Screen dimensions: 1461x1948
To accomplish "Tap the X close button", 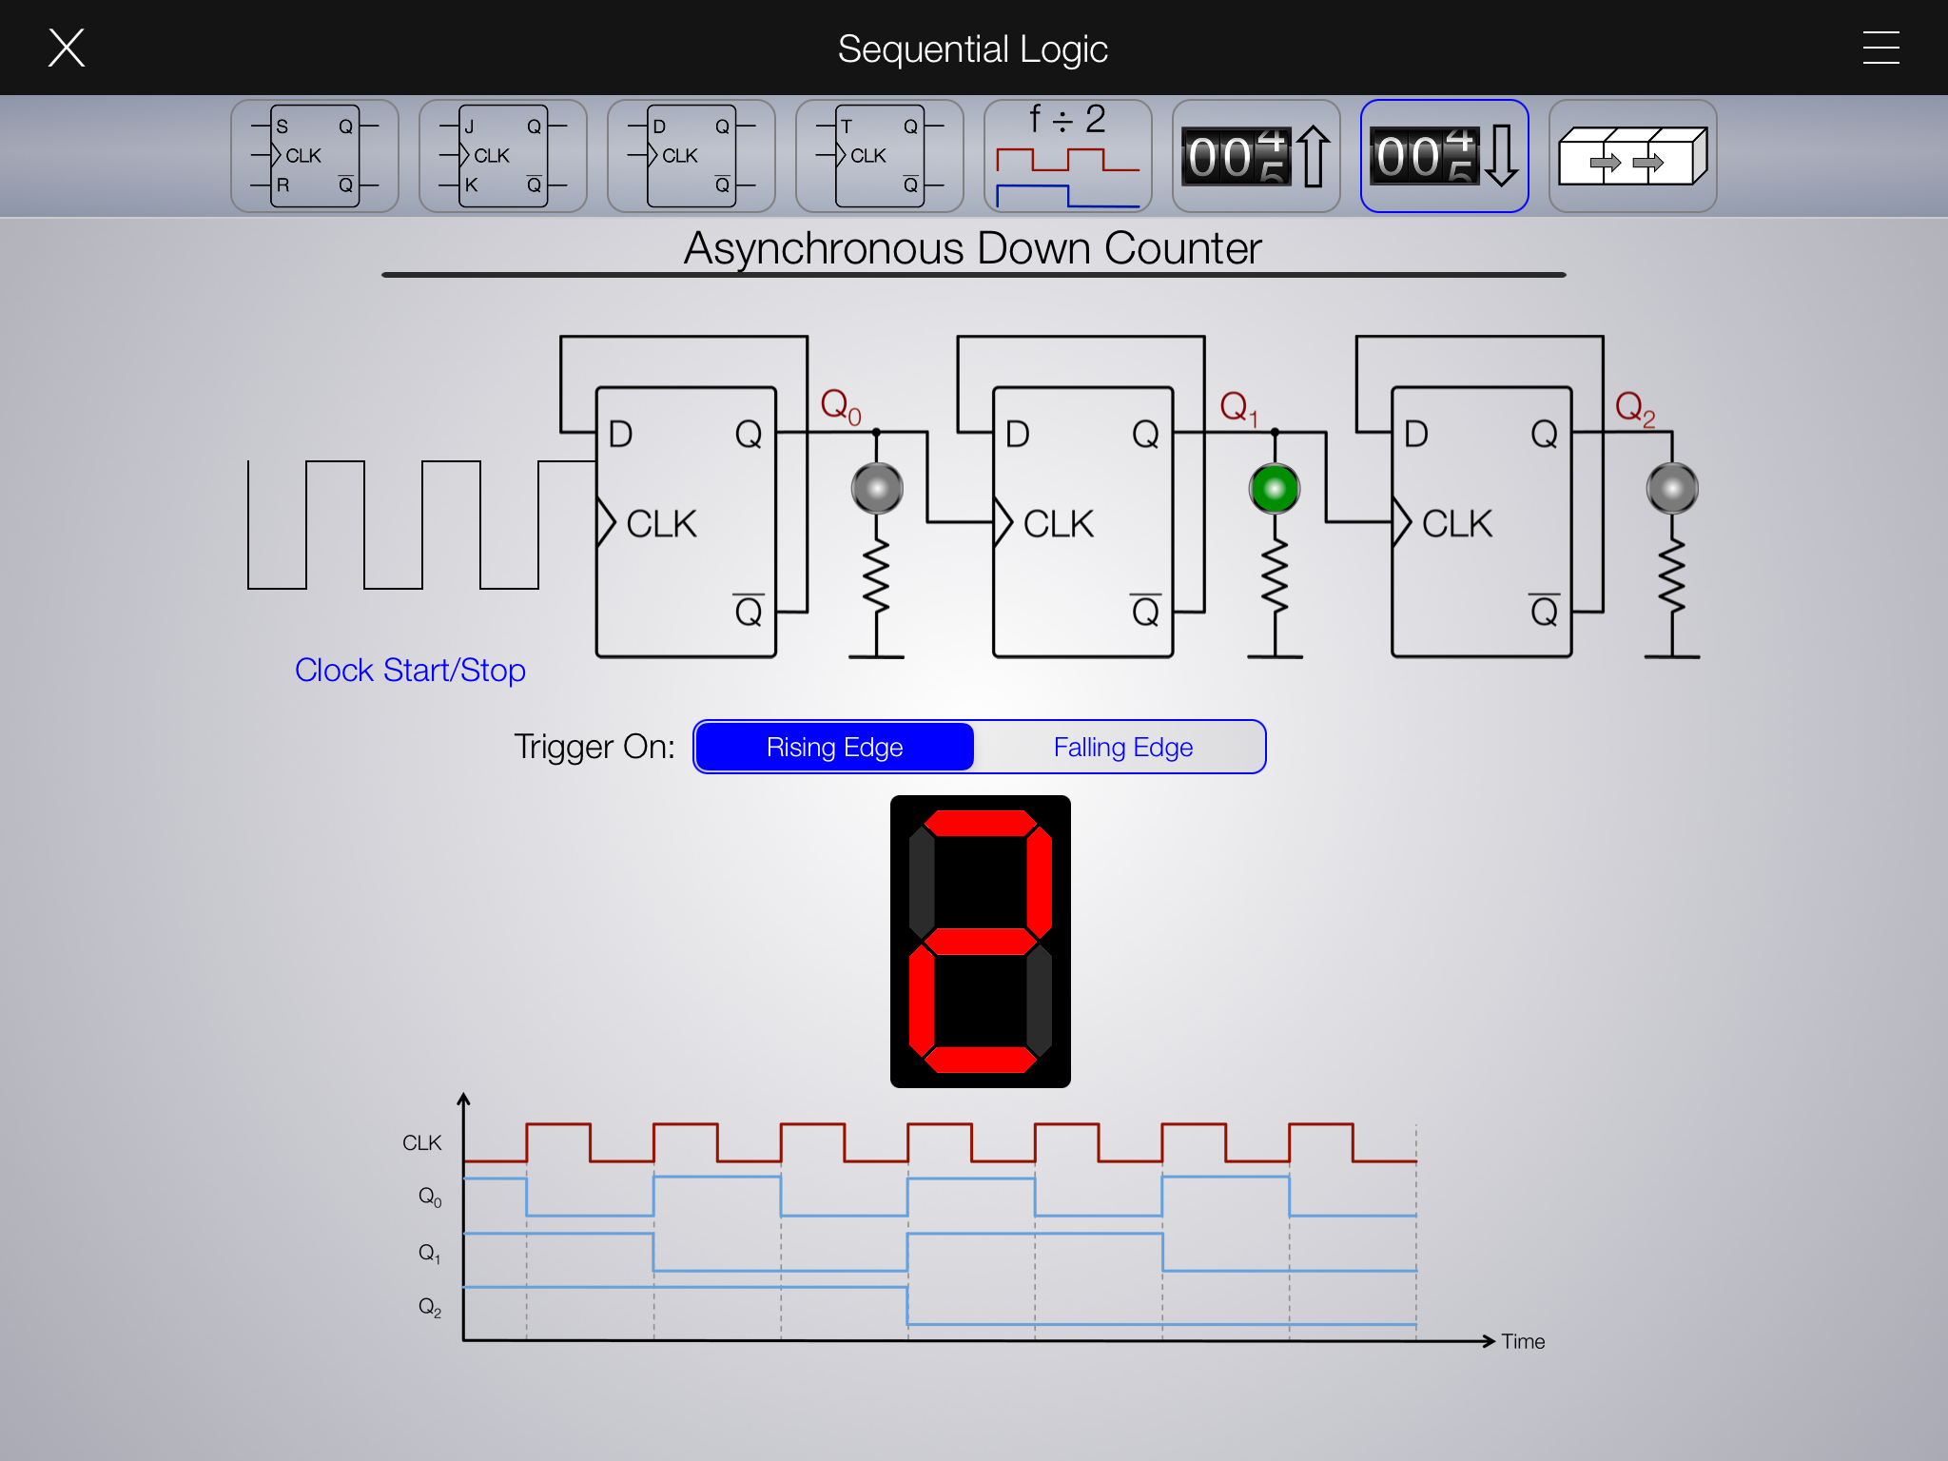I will pos(67,48).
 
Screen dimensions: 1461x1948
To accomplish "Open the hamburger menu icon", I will pos(1880,48).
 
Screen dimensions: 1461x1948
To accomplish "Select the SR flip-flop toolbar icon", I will pos(314,156).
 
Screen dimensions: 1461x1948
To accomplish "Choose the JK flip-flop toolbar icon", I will pos(502,156).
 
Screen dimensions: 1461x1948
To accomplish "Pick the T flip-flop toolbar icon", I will pos(879,156).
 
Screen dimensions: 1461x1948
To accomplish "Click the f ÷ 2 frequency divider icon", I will pos(1067,156).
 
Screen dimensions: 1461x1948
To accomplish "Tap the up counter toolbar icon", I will pos(1256,156).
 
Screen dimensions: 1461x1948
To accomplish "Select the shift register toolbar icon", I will pos(1632,156).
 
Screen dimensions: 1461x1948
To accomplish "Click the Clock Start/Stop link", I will pos(410,671).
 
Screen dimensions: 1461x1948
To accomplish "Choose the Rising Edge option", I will pos(834,747).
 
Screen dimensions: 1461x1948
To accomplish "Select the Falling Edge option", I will pos(1122,747).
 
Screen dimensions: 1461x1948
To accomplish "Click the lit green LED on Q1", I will pos(1275,489).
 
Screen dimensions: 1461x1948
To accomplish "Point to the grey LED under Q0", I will pos(877,489).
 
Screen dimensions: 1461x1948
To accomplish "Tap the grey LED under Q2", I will pos(1672,489).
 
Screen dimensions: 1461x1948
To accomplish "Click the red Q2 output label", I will pos(1634,408).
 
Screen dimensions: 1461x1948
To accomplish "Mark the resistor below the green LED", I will pos(1275,578).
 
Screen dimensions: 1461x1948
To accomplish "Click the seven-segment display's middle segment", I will pos(980,941).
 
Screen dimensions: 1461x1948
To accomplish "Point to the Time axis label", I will pos(1523,1341).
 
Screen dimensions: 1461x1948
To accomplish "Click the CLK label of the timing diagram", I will pos(421,1142).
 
